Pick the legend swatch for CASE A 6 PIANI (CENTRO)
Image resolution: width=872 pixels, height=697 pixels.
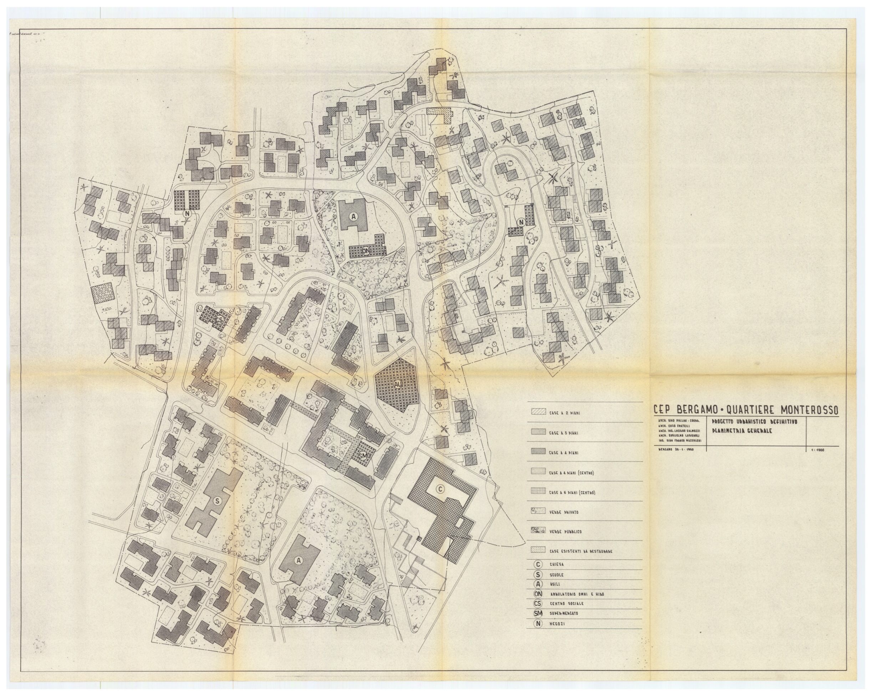pyautogui.click(x=538, y=491)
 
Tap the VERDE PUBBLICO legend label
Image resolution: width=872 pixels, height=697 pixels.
pyautogui.click(x=565, y=531)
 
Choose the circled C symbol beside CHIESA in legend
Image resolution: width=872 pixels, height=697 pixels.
pyautogui.click(x=538, y=564)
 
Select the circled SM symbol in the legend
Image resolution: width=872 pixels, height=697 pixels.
pyautogui.click(x=538, y=613)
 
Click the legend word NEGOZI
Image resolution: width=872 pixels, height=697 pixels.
pyautogui.click(x=557, y=624)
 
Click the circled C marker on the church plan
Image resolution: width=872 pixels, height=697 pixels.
pyautogui.click(x=440, y=489)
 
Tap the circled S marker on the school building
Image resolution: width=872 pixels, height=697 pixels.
pyautogui.click(x=218, y=501)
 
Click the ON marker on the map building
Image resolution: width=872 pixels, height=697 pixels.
pyautogui.click(x=366, y=251)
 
